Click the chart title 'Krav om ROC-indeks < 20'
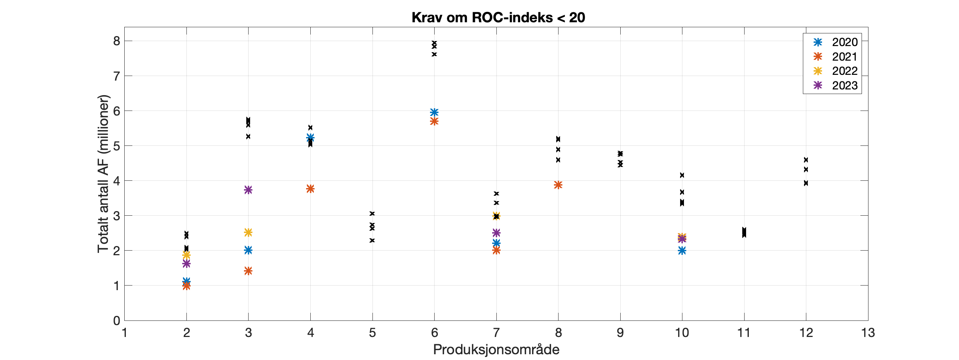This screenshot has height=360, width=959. point(498,18)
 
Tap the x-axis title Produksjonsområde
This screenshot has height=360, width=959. point(496,350)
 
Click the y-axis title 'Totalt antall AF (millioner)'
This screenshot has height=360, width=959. point(103,174)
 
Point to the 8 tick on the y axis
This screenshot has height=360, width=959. point(117,41)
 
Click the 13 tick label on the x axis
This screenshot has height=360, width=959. point(868,333)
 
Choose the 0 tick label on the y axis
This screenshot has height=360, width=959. point(117,321)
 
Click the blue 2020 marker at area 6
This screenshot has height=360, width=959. point(434,112)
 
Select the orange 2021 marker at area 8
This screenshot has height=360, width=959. point(558,185)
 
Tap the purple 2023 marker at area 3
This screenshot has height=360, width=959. point(248,190)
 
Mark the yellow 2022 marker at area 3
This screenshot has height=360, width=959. point(248,232)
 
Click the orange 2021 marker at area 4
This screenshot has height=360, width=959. point(310,189)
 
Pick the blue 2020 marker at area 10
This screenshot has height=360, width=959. point(682,251)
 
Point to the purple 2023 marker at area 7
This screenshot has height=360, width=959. point(496,233)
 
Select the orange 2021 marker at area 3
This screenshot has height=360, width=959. point(248,271)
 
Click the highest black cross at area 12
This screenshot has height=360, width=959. point(806,160)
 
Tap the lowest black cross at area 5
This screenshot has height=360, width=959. point(372,240)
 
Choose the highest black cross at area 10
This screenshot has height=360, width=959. point(682,175)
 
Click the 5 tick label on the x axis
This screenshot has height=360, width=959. point(372,333)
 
